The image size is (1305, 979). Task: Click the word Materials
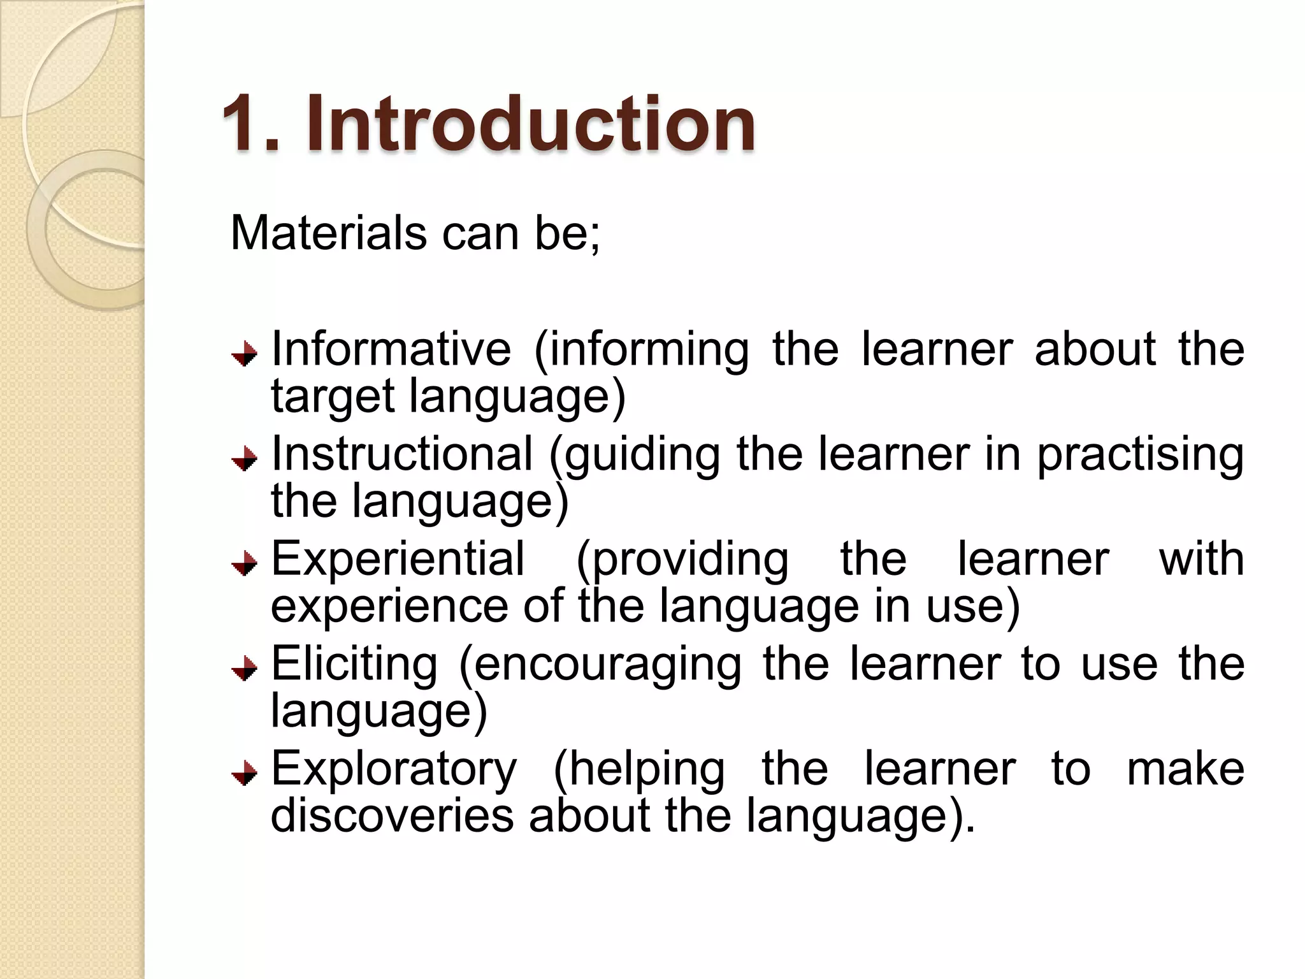[x=329, y=233]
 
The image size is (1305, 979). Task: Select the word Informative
[x=391, y=349]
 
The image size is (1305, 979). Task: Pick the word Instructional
[x=402, y=454]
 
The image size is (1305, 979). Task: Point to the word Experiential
[x=398, y=559]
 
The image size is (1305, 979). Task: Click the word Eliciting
[x=354, y=664]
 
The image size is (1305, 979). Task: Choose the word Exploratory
[x=394, y=769]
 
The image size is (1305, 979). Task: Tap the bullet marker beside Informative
[x=244, y=354]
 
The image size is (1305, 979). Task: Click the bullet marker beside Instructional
[x=244, y=459]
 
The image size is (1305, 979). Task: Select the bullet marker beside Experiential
[x=244, y=563]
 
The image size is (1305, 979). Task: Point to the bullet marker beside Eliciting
[x=244, y=669]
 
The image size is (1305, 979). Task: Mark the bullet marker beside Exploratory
[x=244, y=774]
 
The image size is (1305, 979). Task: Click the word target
[x=333, y=397]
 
